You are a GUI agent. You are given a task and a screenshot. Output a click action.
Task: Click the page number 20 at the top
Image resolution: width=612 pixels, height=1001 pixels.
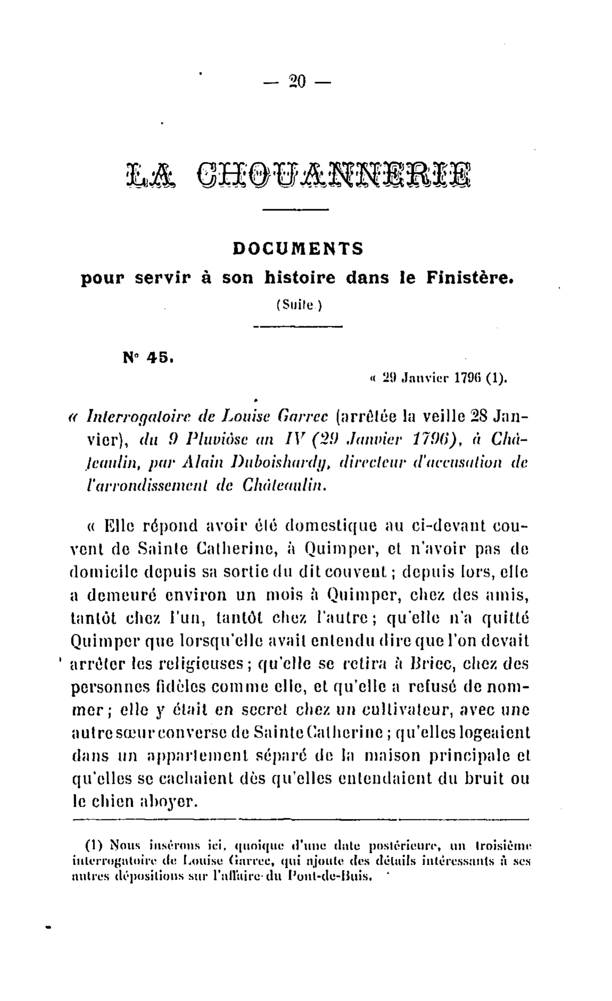click(297, 82)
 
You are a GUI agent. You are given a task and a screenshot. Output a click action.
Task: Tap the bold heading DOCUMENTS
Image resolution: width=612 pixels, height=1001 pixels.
click(298, 249)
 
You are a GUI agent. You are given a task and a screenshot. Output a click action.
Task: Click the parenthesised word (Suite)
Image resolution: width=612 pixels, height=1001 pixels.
click(297, 305)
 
